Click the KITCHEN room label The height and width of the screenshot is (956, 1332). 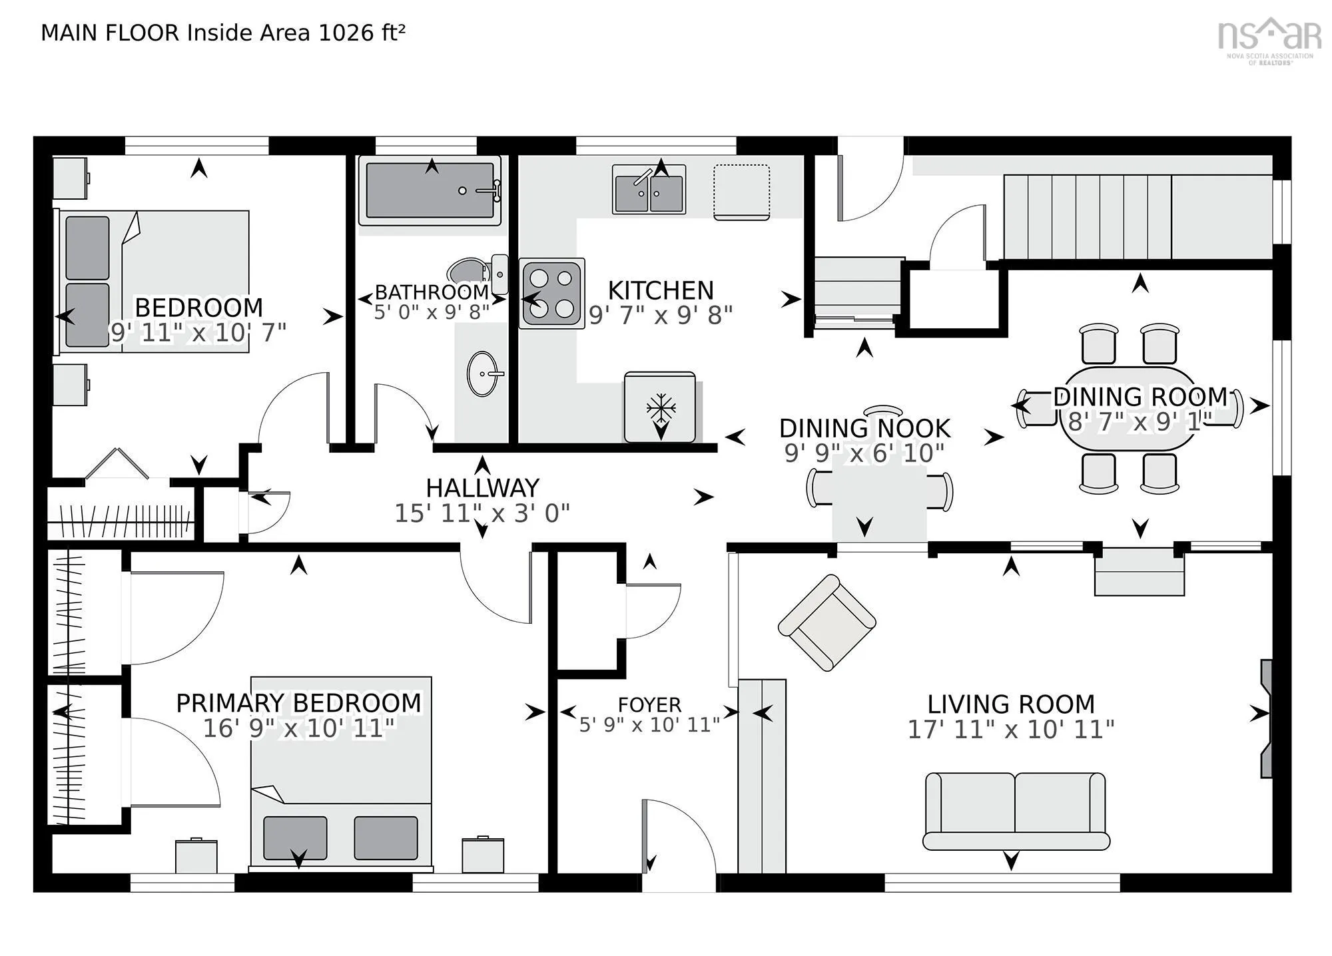(661, 291)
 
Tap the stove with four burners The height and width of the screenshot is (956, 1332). (552, 293)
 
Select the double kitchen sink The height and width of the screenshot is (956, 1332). (649, 190)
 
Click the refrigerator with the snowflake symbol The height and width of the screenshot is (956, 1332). (660, 407)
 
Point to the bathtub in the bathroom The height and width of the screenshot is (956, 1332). (430, 190)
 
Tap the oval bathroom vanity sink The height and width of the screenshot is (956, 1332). (482, 373)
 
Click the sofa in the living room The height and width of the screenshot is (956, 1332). (1016, 811)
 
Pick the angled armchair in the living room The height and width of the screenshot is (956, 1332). (827, 622)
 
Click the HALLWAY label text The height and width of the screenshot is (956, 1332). (482, 488)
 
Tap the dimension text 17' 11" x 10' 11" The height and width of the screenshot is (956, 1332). (1011, 730)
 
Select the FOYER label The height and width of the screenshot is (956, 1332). (649, 704)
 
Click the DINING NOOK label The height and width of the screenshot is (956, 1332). (864, 428)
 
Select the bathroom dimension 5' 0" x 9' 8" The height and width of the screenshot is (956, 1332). (432, 312)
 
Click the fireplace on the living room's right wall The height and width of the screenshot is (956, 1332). (1266, 718)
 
